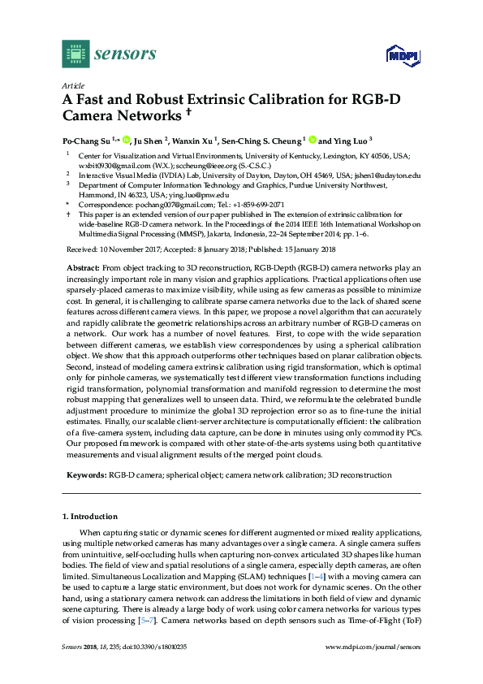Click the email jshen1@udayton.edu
(x=393, y=175)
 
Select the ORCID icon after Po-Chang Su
(x=127, y=139)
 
